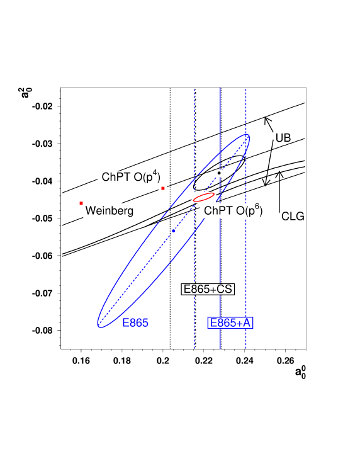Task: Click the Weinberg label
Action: (x=108, y=211)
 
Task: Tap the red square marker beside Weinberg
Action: (x=81, y=203)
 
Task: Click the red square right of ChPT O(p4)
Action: (x=162, y=188)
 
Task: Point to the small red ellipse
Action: (x=204, y=197)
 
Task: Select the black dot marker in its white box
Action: (x=219, y=173)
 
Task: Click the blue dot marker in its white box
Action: (x=173, y=231)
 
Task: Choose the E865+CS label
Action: (x=208, y=289)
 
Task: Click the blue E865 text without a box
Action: (x=135, y=323)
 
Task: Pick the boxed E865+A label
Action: (x=230, y=323)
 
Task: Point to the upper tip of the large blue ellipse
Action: (x=248, y=137)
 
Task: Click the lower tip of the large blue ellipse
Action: (x=99, y=324)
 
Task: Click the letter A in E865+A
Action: (x=247, y=323)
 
